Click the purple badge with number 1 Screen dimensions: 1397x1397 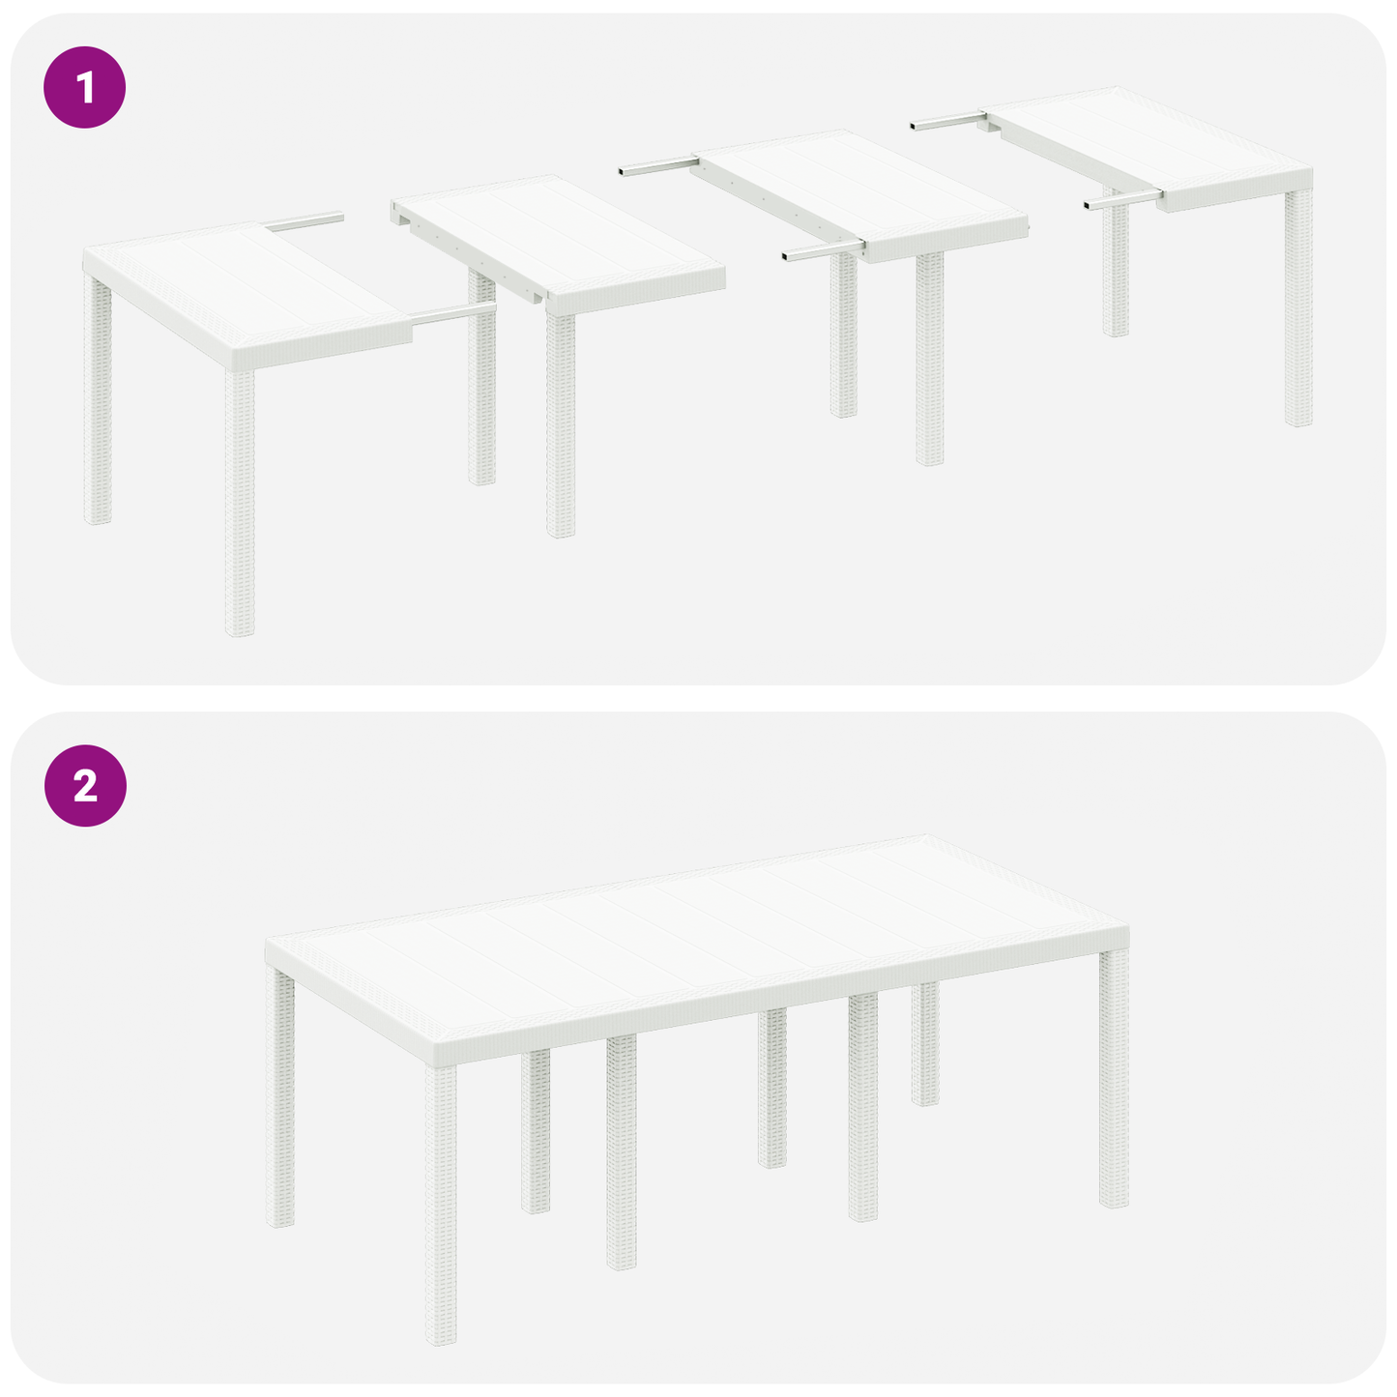[85, 87]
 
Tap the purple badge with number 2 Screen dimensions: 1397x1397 [85, 785]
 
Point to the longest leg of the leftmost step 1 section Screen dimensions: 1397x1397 [240, 503]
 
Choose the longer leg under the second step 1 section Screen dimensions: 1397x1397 [561, 425]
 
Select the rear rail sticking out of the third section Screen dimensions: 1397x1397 [657, 167]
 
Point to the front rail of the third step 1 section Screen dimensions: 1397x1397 [822, 251]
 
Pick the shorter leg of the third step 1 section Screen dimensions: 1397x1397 [844, 338]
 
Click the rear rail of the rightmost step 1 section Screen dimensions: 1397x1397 [947, 122]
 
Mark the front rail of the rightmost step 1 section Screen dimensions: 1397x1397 [1121, 201]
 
